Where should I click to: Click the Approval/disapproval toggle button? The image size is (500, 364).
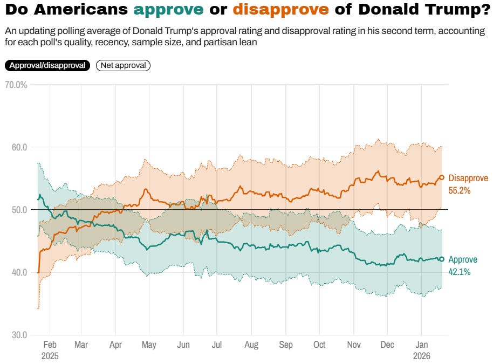[x=47, y=65]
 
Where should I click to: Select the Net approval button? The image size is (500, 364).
[x=123, y=65]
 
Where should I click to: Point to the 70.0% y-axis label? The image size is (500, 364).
[x=16, y=85]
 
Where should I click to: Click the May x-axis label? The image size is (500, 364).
[x=149, y=345]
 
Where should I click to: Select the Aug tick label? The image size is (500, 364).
[x=251, y=345]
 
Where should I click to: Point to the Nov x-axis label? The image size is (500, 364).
[x=354, y=345]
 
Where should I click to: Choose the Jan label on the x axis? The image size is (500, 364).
[x=421, y=345]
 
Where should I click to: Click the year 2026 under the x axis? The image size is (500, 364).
[x=422, y=356]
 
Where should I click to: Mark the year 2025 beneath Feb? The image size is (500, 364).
[x=49, y=356]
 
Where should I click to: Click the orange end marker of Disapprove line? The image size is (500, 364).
[x=441, y=177]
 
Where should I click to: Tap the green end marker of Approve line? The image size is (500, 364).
[x=441, y=259]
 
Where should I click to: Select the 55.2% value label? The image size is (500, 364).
[x=460, y=190]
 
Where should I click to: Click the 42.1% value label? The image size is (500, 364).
[x=460, y=272]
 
